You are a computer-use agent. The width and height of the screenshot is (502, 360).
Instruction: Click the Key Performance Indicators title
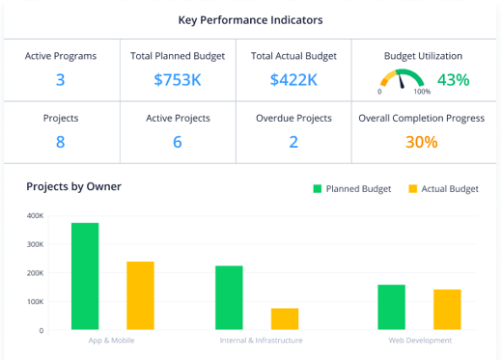250,19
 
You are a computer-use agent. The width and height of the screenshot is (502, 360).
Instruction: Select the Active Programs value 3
60,80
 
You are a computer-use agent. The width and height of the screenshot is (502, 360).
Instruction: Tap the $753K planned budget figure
178,80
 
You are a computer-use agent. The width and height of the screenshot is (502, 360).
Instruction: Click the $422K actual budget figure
293,80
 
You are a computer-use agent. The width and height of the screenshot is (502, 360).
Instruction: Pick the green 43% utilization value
453,80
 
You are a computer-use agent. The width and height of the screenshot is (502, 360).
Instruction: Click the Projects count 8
60,142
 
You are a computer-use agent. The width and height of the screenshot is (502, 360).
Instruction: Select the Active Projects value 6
178,142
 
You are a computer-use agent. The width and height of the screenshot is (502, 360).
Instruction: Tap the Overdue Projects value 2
293,142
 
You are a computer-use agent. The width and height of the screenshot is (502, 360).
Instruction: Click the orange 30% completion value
421,142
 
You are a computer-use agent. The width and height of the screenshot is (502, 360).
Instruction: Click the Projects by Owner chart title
73,186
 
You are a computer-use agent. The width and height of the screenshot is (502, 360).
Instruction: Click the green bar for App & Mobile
85,276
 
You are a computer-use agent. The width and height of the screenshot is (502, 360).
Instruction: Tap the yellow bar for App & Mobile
140,295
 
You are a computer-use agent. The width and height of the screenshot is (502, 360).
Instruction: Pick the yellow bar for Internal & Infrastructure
285,318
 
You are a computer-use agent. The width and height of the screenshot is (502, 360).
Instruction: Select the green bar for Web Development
391,307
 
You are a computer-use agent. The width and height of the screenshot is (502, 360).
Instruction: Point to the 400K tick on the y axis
35,215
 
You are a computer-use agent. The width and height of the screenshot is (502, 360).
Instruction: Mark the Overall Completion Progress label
422,119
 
